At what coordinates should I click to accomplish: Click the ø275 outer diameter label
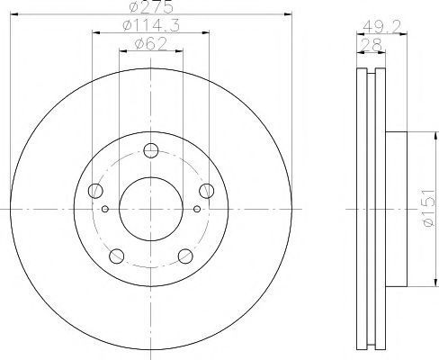(151, 6)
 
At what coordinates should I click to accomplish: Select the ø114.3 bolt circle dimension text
(151, 25)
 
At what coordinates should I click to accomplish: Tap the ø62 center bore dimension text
(151, 44)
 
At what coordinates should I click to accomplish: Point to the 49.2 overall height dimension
(381, 27)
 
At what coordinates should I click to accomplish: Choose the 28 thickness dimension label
(371, 45)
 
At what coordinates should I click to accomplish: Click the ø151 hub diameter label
(428, 208)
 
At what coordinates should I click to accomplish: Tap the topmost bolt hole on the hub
(151, 150)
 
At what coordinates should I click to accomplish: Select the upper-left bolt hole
(95, 191)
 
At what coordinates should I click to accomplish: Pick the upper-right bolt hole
(207, 191)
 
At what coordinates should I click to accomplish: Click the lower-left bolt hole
(117, 256)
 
